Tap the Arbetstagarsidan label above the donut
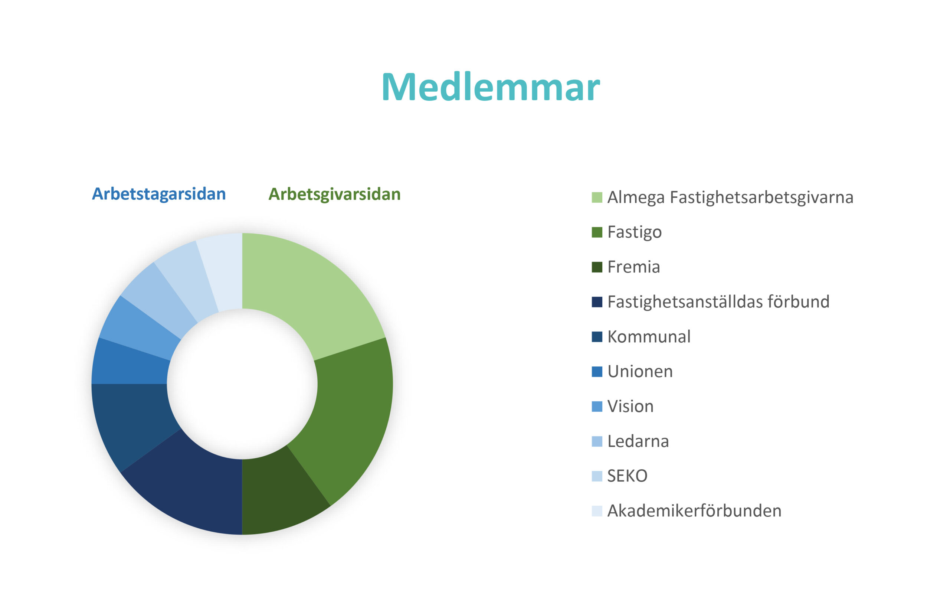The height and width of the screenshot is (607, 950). (x=158, y=194)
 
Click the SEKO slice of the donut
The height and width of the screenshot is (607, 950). (x=186, y=276)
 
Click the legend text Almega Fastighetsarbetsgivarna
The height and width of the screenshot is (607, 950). (x=730, y=198)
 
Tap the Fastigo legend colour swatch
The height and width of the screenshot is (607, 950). (x=597, y=232)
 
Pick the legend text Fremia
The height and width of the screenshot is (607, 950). (x=633, y=267)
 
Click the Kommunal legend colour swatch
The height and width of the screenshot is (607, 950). (x=597, y=337)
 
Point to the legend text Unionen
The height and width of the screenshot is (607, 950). (x=640, y=372)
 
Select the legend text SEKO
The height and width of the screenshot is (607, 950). (x=627, y=476)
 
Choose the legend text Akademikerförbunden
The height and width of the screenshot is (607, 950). (x=694, y=511)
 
